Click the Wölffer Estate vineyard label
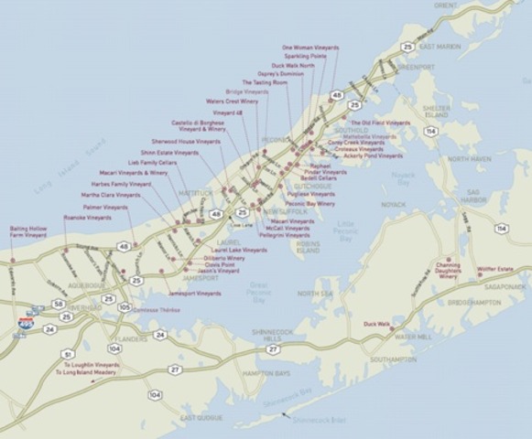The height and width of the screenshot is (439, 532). pos(495,269)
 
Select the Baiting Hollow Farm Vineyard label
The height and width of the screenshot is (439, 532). pos(28,232)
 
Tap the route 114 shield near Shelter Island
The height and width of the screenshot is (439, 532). pos(430,131)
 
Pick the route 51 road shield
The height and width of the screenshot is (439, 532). pos(67,353)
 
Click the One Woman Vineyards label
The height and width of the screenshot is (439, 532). pos(310,47)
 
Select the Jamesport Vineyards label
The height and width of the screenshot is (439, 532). pos(195,294)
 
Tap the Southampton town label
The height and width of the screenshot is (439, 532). pos(394,359)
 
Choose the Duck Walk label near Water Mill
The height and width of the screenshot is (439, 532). pos(376,323)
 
